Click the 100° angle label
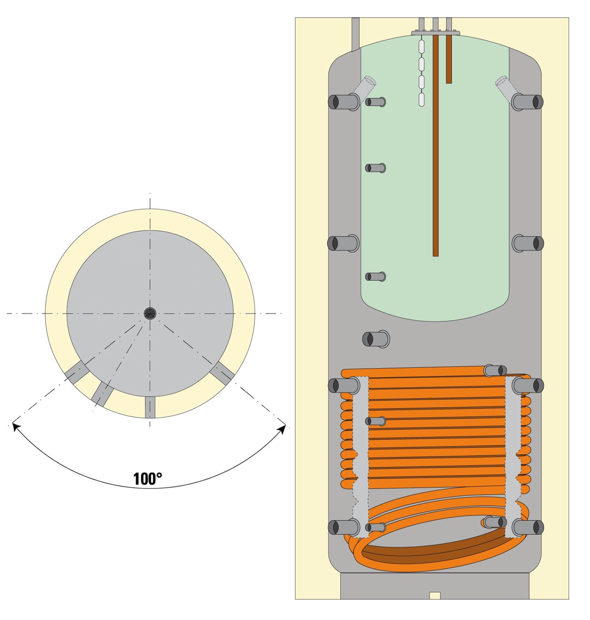point(147,479)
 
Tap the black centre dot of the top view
point(150,313)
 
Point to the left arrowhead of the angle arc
point(16,427)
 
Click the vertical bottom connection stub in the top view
point(150,407)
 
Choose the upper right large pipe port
point(528,102)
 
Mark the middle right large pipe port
point(528,243)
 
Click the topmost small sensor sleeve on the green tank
point(375,102)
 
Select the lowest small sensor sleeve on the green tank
point(375,276)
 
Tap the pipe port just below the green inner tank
point(376,339)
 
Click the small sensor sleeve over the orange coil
point(375,421)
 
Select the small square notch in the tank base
point(434,595)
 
